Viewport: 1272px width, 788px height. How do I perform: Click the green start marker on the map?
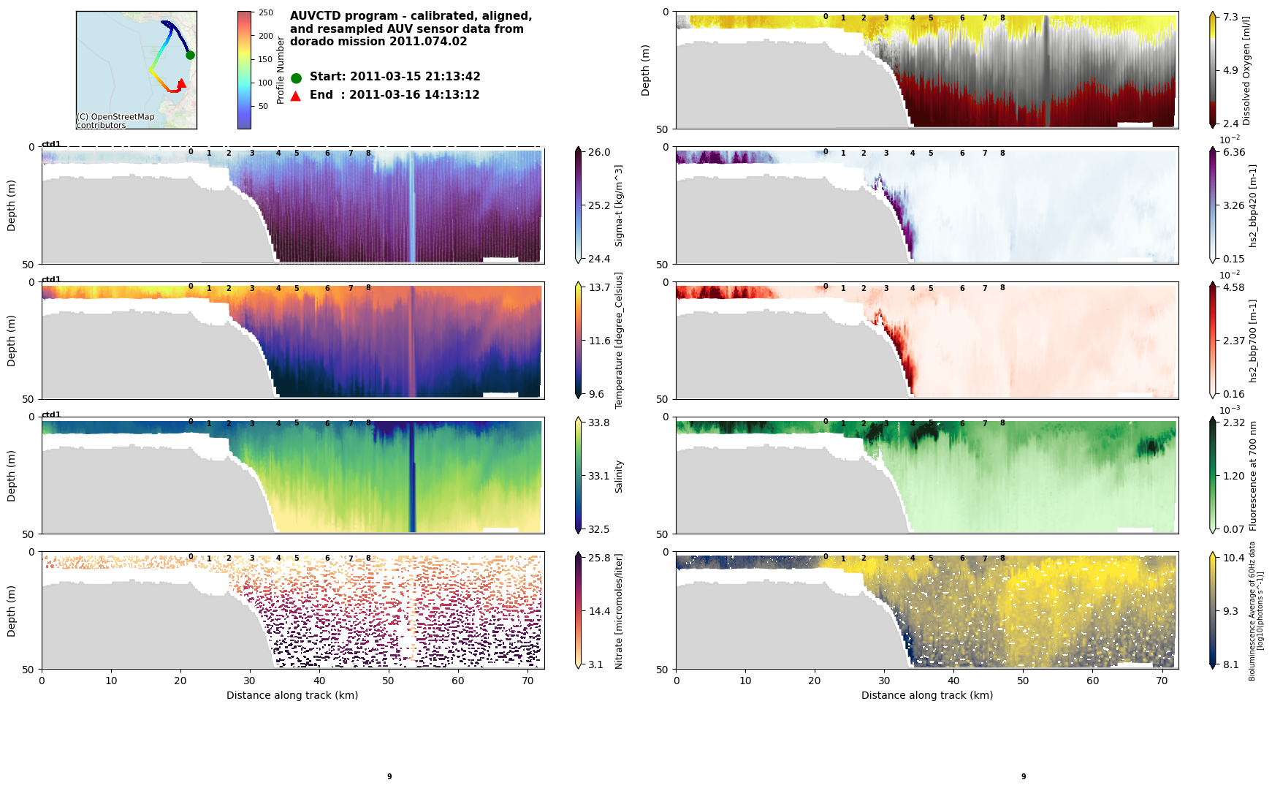coord(190,55)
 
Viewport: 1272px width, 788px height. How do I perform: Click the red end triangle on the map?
coord(182,83)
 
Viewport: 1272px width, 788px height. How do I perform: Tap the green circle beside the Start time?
coord(296,77)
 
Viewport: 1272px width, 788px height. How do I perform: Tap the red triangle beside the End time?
coord(296,96)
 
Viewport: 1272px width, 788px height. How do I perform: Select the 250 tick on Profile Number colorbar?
coord(266,12)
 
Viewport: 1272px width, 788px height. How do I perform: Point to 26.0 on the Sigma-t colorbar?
coord(599,152)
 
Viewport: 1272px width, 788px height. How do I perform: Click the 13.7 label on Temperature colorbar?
coord(599,287)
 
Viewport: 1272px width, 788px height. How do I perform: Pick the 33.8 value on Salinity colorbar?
coord(599,423)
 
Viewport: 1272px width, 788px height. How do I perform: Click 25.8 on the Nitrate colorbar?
coord(599,558)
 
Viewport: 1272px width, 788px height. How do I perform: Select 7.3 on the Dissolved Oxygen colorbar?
coord(1231,17)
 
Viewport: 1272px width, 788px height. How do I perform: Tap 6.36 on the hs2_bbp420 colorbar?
coord(1234,152)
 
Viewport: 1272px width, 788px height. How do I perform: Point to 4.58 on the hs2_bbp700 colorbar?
coord(1234,287)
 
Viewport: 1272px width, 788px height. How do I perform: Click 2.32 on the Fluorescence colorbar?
coord(1234,423)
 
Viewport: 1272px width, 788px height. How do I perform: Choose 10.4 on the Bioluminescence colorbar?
coord(1234,558)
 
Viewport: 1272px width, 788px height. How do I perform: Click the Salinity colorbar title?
coord(619,476)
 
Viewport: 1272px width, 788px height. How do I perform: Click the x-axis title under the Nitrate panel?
coord(292,695)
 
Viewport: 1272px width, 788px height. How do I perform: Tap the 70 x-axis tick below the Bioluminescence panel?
coord(1162,681)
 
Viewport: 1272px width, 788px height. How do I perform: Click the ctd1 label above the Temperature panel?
coord(51,279)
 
